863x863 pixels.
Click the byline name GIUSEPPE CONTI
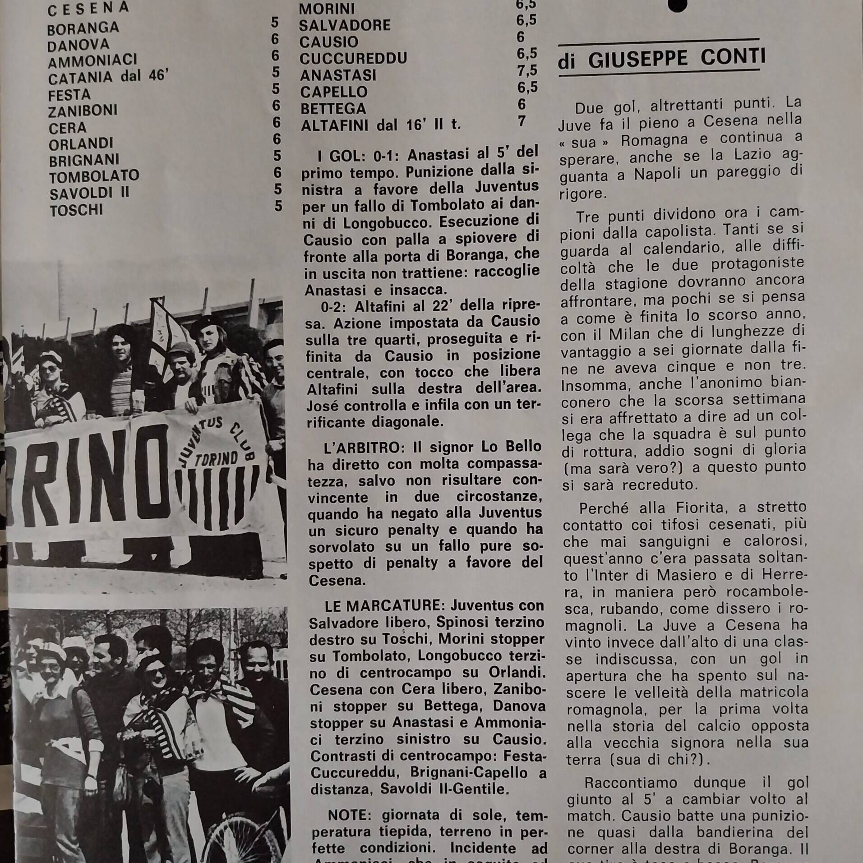click(677, 59)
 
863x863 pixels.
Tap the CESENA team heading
click(88, 8)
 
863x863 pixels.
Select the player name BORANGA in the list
click(83, 28)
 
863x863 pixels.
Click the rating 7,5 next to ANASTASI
click(527, 70)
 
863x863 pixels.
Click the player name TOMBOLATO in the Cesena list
click(94, 176)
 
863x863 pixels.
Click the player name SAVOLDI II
click(89, 193)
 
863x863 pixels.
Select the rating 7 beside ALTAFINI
click(522, 121)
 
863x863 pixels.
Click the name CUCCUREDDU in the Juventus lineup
click(353, 58)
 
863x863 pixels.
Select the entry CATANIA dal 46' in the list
click(108, 77)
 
